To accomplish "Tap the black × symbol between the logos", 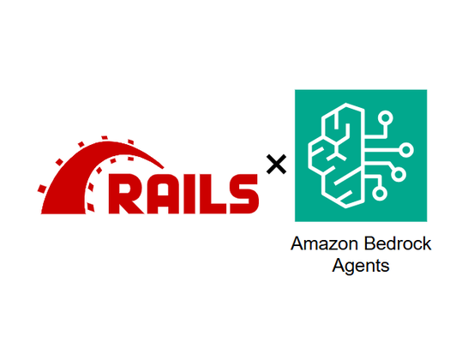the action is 276,164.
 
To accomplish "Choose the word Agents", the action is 361,267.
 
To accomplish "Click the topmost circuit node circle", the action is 386,118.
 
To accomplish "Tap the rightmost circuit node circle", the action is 406,150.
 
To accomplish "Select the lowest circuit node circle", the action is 380,193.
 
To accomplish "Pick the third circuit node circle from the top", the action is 399,174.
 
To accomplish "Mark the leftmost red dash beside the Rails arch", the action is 42,189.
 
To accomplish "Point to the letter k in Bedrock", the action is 427,243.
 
